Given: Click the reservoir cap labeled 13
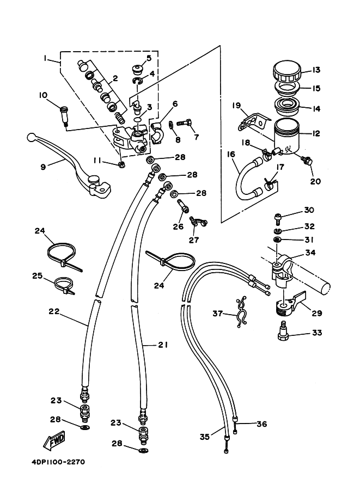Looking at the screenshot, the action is pyautogui.click(x=287, y=72).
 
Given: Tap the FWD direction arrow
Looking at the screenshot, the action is pyautogui.click(x=54, y=440).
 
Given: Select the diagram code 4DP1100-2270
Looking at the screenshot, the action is pyautogui.click(x=58, y=462).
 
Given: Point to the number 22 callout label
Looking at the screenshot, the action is pyautogui.click(x=54, y=311).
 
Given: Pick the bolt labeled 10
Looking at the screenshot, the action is pyautogui.click(x=64, y=117).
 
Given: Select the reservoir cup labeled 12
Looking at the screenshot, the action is pyautogui.click(x=286, y=137).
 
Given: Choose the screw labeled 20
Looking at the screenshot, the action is pyautogui.click(x=307, y=161).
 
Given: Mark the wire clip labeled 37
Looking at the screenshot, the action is pyautogui.click(x=241, y=312).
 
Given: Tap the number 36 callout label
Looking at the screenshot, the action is pyautogui.click(x=261, y=424).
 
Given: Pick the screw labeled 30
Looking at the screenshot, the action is pyautogui.click(x=278, y=217).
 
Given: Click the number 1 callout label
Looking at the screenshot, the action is pyautogui.click(x=45, y=58).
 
